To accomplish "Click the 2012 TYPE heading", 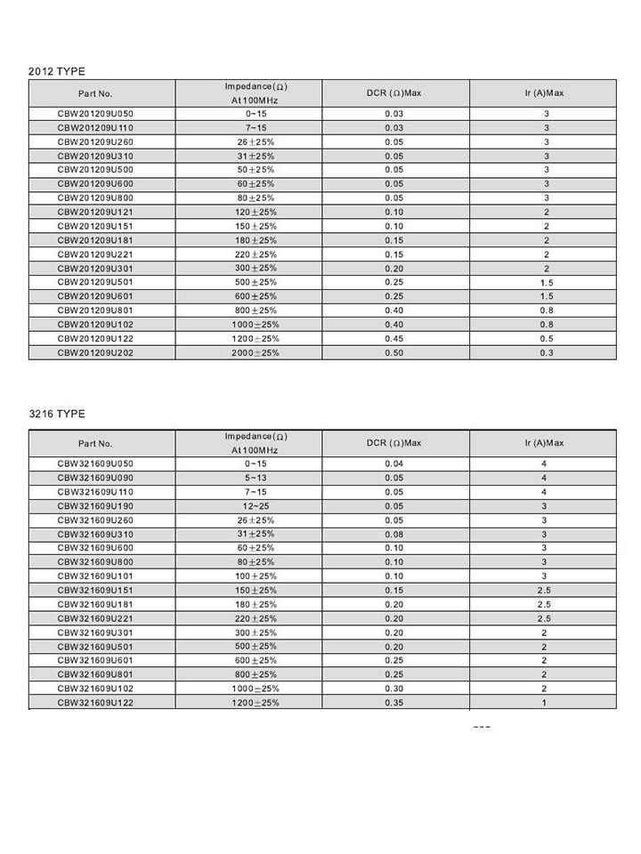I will coord(57,71).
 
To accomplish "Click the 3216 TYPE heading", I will coord(57,414).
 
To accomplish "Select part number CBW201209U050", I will coord(95,114).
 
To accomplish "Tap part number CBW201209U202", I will coord(95,353).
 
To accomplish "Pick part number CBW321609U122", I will coord(95,703).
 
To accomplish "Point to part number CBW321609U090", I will coord(95,478).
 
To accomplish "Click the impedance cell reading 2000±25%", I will coord(256,353).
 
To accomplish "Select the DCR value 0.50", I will coord(394,353).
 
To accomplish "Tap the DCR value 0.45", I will coord(394,339).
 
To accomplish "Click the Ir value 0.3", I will coord(546,353).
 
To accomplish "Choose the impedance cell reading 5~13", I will coord(256,478).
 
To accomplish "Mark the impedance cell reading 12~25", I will coord(256,506).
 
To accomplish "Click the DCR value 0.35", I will coord(394,703).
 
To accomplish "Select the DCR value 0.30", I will coord(394,689).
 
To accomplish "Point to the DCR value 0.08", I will coord(394,534).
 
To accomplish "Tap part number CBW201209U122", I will coord(95,339).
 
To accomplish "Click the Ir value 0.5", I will coord(546,339).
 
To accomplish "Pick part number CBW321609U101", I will coord(95,576).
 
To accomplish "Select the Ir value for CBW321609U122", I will coord(544,703).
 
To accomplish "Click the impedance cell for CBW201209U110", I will coord(256,128).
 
